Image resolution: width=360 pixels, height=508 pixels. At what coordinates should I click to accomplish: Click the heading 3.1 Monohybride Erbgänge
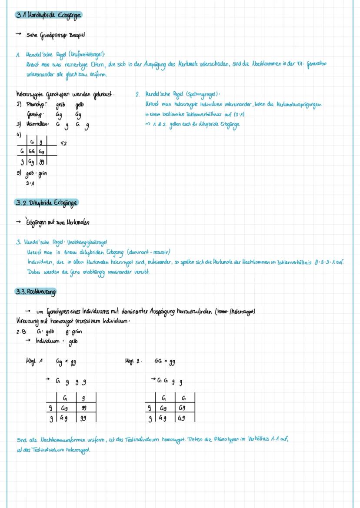48,15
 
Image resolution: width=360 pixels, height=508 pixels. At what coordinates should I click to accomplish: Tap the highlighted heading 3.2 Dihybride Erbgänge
47,203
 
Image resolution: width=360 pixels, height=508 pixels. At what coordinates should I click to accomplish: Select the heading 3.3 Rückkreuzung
36,292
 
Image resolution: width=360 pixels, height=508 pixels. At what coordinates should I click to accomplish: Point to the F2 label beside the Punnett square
64,142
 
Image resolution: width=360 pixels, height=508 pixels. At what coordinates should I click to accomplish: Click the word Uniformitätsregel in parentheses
87,54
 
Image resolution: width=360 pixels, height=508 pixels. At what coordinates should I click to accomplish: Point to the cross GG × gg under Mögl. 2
165,361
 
